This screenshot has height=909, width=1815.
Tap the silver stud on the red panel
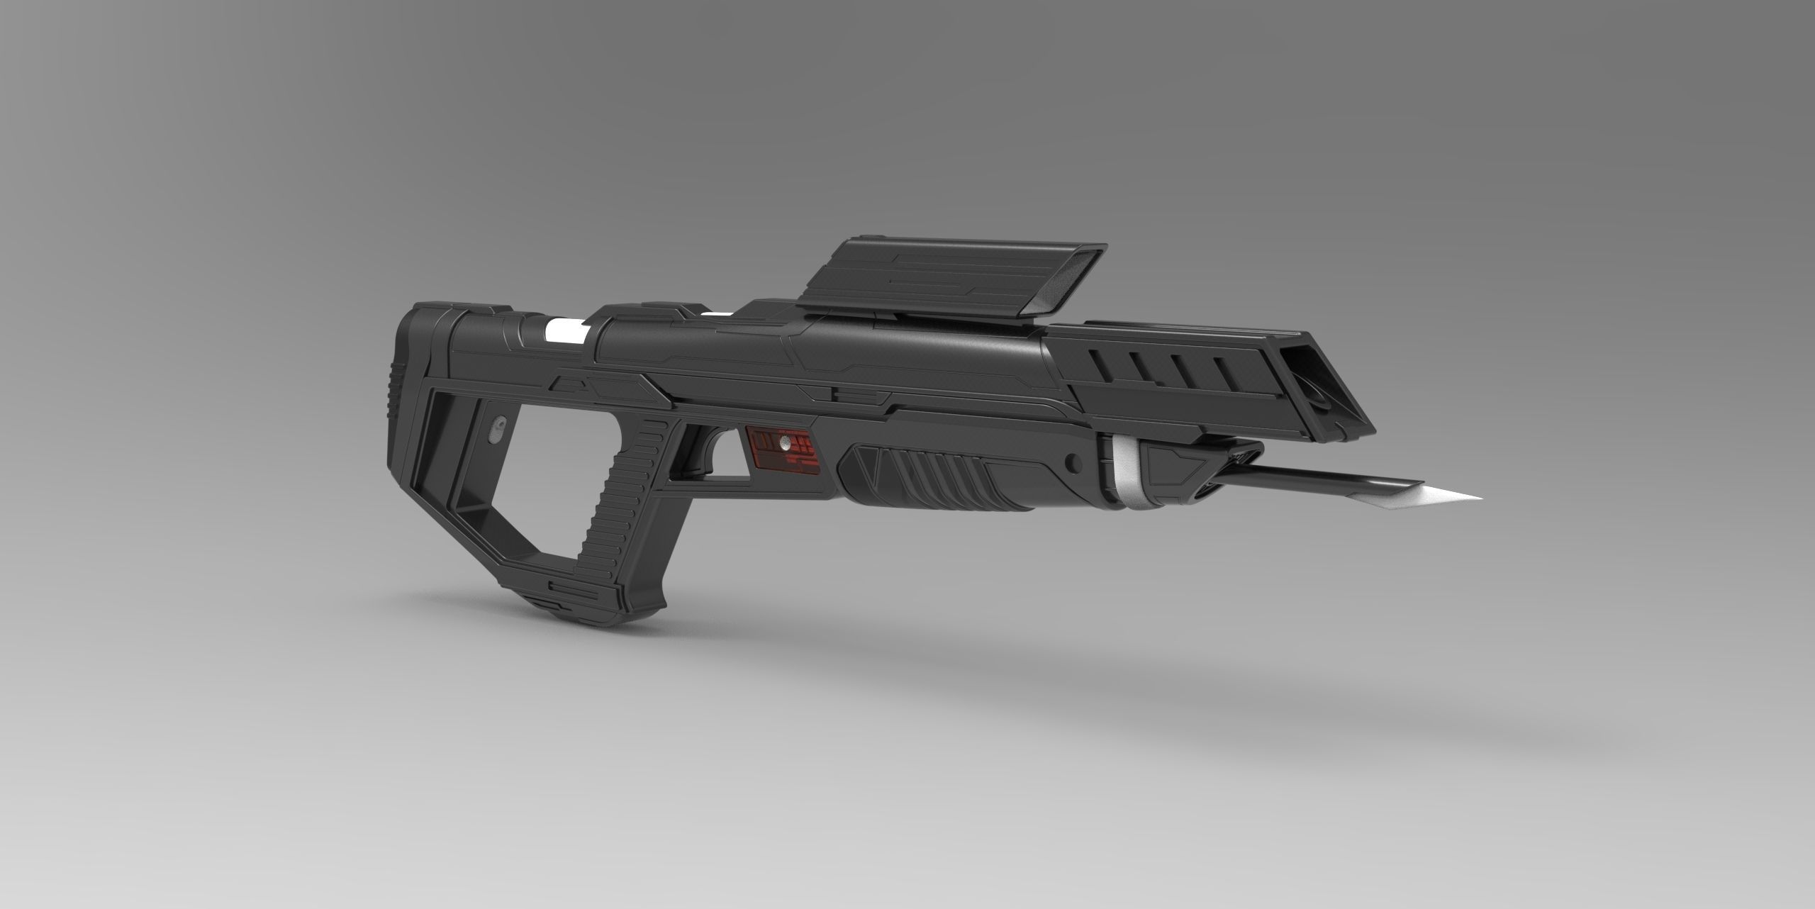(784, 445)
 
